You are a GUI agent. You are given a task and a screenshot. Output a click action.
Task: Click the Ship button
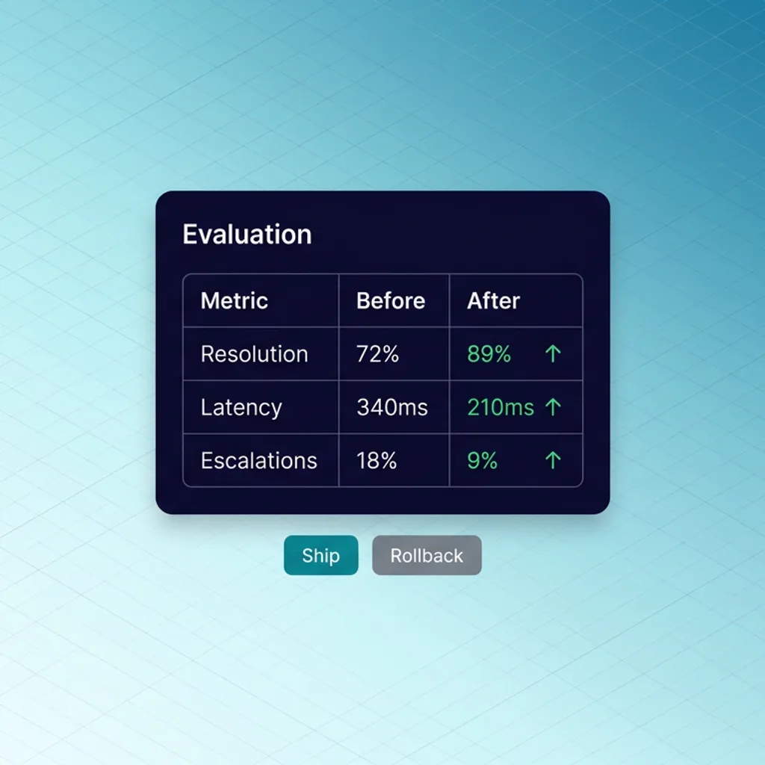320,555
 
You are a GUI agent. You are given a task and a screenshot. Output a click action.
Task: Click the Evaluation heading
247,235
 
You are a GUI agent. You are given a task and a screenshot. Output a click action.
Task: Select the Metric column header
234,301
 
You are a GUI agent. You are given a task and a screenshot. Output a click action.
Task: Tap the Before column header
390,301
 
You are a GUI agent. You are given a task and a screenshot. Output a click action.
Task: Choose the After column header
493,301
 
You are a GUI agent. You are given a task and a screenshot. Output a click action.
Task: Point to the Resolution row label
254,354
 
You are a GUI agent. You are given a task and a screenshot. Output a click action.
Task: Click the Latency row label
241,408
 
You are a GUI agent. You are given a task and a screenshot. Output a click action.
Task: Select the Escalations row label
258,461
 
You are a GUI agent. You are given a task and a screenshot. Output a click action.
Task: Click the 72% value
377,354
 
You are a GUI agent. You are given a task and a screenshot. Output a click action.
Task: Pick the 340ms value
391,408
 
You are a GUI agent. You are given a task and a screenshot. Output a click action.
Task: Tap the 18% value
377,461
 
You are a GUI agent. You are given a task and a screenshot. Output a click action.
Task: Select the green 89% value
489,354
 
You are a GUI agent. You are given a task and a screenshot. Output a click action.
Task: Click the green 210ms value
500,408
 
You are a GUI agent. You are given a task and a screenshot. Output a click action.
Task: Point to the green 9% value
482,461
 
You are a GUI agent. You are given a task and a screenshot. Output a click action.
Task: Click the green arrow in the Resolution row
552,354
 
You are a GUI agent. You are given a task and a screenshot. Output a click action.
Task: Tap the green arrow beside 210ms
552,407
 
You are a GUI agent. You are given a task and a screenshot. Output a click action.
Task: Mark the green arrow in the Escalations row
552,460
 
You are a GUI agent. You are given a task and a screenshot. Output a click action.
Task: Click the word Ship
320,556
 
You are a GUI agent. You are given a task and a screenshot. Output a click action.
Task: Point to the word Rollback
427,556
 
